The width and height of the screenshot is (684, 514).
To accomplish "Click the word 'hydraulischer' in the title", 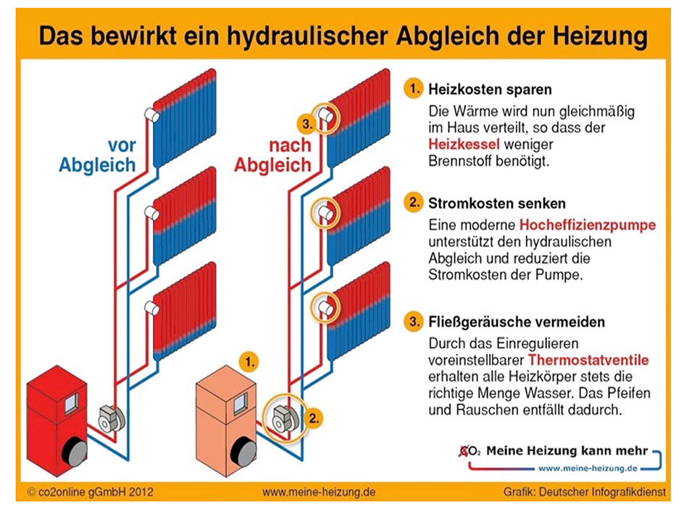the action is point(306,36).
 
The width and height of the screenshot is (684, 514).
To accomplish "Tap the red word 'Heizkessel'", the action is point(464,144).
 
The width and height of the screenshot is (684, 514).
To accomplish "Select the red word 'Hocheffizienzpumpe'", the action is point(588,225).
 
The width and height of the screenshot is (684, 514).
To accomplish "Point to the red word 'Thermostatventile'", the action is point(588,360).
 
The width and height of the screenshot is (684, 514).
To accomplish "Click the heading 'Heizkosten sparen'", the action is point(490,89).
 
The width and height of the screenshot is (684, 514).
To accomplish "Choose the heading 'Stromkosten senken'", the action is point(497,203).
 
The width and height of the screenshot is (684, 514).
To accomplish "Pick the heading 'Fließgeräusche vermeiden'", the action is point(517,322).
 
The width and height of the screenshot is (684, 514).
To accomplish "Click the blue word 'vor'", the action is point(122,146).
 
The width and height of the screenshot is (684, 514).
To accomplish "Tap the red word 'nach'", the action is point(290,146).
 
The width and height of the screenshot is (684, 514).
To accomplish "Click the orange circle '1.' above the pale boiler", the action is point(249,362).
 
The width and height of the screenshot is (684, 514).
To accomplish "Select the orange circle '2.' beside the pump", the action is point(314,418).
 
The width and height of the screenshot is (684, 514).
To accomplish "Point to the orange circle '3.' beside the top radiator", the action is point(307,124).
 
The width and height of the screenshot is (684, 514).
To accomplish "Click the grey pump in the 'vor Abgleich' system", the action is point(112,419).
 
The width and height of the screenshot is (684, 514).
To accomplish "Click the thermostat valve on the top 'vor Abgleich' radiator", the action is point(152,115).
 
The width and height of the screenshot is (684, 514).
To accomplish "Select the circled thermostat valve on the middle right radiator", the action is point(325,213).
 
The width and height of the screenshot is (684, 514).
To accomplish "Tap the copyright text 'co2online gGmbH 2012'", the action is point(91,492).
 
